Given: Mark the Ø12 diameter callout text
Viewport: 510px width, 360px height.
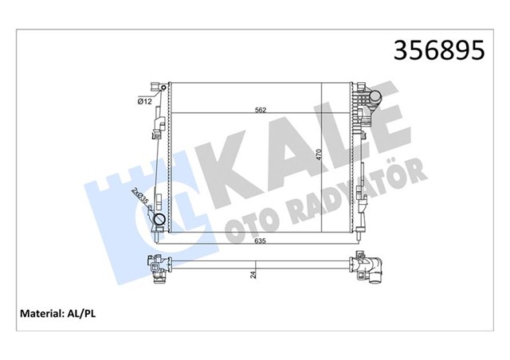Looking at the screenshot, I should pos(145,100).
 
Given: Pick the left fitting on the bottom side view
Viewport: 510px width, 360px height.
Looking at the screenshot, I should pos(159,270).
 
